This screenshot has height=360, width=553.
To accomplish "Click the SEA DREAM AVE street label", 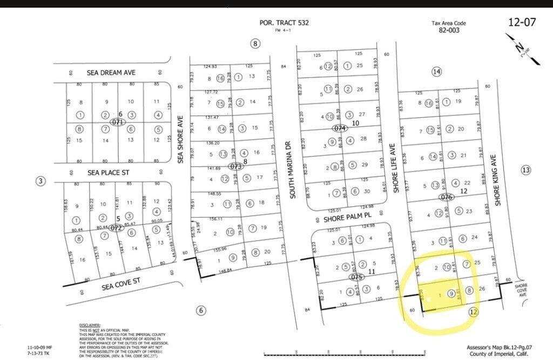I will click(x=111, y=72).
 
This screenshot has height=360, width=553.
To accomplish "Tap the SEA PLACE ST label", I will click(x=109, y=173).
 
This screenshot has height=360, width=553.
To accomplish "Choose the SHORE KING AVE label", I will click(x=498, y=176).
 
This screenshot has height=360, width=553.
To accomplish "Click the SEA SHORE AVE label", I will click(x=181, y=139).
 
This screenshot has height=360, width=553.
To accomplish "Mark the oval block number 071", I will click(x=117, y=123).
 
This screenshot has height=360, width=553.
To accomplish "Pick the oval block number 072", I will click(x=116, y=228).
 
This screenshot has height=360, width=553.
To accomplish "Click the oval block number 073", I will click(x=235, y=167).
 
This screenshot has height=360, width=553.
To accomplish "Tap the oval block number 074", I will click(x=339, y=128).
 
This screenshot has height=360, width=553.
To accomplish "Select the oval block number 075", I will click(x=356, y=277).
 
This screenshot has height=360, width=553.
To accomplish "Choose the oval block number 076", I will click(x=446, y=197).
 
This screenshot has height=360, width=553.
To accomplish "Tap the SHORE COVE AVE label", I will click(x=521, y=290).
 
